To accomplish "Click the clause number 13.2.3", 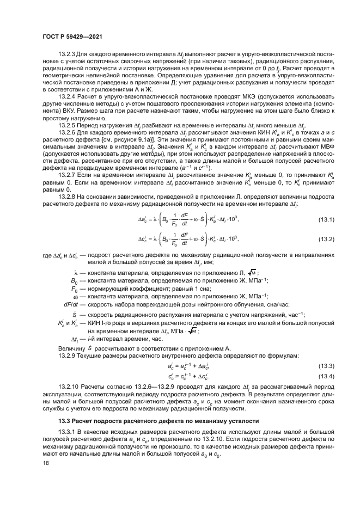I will click(x=67, y=70).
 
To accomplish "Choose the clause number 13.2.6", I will click(x=67, y=148).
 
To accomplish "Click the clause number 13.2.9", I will click(x=67, y=355).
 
